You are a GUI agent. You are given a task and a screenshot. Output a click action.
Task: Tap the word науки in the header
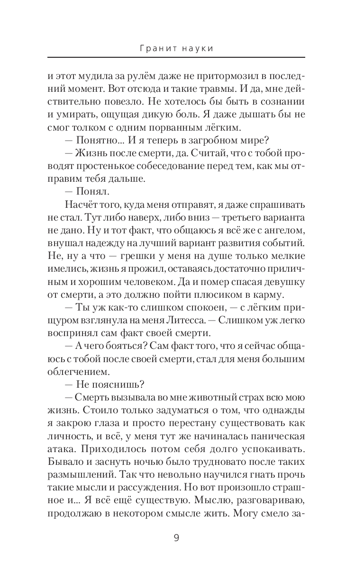pyautogui.click(x=196, y=48)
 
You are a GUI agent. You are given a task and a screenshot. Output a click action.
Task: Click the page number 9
pyautogui.click(x=176, y=538)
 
